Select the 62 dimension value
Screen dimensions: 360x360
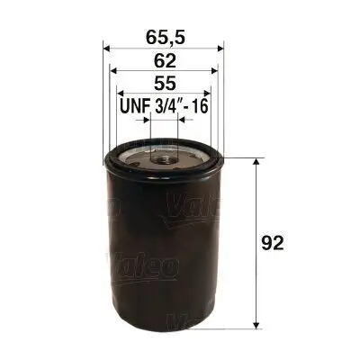point(165,62)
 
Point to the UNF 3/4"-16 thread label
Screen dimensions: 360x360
point(164,106)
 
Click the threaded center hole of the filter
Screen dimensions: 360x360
point(165,161)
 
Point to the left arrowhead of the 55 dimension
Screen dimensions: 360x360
point(119,94)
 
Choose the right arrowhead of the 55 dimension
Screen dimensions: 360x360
point(211,94)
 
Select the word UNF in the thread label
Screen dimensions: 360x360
point(135,106)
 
